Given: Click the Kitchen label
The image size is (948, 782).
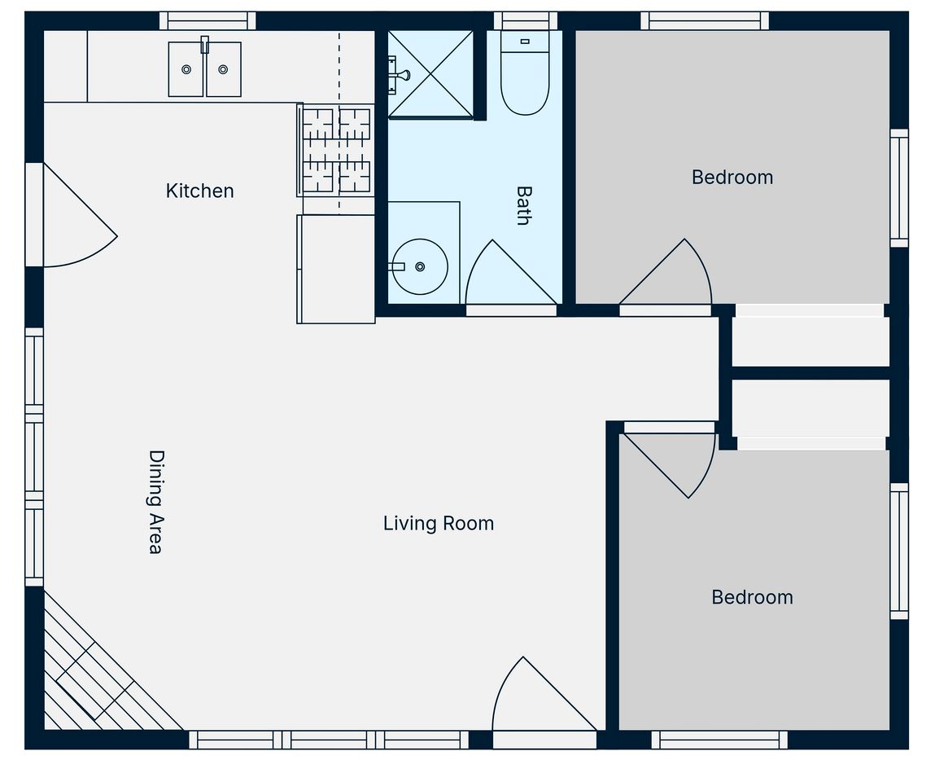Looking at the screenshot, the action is click(199, 191).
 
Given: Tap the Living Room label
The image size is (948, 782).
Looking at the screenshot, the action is click(439, 523).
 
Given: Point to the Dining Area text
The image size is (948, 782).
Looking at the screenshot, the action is click(156, 502).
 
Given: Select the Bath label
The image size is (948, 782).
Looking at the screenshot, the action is click(523, 206).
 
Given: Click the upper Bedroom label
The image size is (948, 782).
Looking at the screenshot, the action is click(732, 178).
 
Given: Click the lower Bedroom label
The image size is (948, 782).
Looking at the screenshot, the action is click(752, 597).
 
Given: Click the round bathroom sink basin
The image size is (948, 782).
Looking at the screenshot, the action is click(420, 267).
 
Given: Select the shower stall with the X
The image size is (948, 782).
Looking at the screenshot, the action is click(430, 74).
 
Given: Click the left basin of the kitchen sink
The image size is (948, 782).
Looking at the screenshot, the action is click(186, 69).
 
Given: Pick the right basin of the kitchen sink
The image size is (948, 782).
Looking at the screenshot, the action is click(224, 69).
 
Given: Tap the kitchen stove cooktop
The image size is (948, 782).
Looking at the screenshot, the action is click(335, 150).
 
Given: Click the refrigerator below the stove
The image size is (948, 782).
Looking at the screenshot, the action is click(336, 270).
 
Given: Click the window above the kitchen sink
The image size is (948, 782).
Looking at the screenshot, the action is click(208, 21).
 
